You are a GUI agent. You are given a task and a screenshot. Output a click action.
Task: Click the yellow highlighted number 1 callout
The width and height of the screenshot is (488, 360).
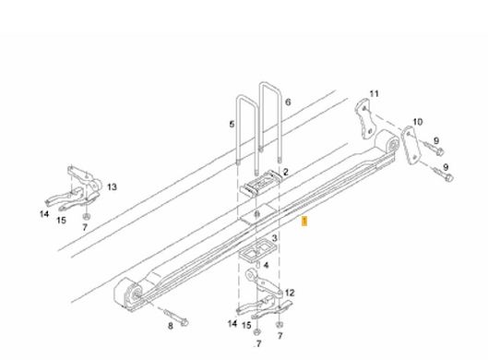tap(304, 222)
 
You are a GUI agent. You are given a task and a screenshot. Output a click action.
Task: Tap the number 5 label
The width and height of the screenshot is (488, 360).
tap(232, 125)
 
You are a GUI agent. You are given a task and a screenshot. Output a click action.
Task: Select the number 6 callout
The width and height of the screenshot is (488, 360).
tap(288, 102)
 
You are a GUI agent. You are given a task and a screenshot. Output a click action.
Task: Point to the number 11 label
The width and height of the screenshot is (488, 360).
tap(375, 94)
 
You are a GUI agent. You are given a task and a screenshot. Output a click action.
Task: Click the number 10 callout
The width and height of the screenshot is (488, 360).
tap(417, 122)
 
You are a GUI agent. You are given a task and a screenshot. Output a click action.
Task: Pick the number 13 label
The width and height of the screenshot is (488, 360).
tap(112, 187)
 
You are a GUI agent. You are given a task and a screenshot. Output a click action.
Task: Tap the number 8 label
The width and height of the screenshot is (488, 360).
tap(171, 326)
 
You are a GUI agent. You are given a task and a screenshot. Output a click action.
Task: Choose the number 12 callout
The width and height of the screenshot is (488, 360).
tap(290, 293)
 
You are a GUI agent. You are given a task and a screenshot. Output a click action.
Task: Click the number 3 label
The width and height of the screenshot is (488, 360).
tap(274, 238)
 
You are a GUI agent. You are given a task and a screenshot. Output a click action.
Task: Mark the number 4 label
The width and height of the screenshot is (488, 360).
tap(266, 265)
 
